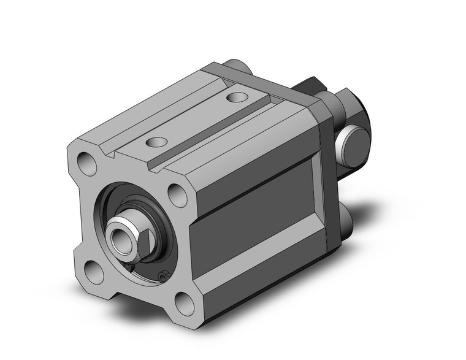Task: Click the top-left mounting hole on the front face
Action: click(x=86, y=164)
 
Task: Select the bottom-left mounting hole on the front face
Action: click(x=94, y=272)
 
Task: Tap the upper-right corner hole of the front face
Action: click(x=178, y=195)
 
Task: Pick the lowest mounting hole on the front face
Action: click(x=185, y=303)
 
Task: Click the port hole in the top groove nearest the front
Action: click(x=157, y=142)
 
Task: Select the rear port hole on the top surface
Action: click(x=237, y=97)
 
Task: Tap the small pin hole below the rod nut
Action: click(x=163, y=277)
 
